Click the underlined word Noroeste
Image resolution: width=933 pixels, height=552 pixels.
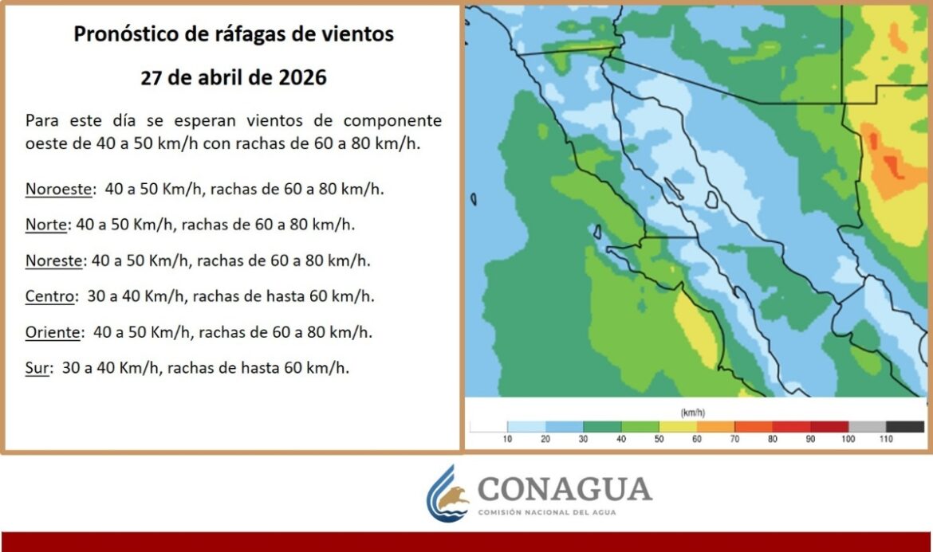[58, 189]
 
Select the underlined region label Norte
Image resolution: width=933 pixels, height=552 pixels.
[45, 225]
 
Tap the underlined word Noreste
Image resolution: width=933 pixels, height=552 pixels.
[53, 260]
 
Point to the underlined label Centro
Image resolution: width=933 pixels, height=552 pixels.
[50, 296]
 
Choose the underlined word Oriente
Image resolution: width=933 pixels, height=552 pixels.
[53, 331]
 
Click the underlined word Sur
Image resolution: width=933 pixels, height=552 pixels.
[37, 368]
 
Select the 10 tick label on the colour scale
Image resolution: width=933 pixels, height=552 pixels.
[507, 439]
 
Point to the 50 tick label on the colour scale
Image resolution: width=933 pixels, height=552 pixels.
[659, 439]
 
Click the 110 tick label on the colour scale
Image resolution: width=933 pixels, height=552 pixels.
[886, 439]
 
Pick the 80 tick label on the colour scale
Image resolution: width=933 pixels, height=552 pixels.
[773, 439]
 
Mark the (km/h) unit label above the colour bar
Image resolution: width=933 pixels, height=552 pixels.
[693, 413]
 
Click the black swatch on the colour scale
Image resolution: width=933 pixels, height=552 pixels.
[905, 427]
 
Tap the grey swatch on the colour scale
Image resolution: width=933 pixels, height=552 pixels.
[867, 427]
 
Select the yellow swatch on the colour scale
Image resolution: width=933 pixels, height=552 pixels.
[678, 427]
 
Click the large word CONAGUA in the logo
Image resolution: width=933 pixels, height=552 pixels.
[565, 490]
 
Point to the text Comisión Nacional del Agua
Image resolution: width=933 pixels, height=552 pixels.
[547, 512]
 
